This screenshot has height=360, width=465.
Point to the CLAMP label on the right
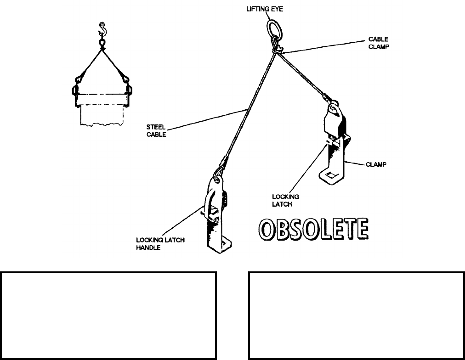click(x=376, y=165)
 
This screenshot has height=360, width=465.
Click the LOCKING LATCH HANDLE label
click(x=160, y=243)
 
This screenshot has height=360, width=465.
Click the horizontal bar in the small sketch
click(x=102, y=99)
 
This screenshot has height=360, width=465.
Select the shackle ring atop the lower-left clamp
click(x=218, y=174)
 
